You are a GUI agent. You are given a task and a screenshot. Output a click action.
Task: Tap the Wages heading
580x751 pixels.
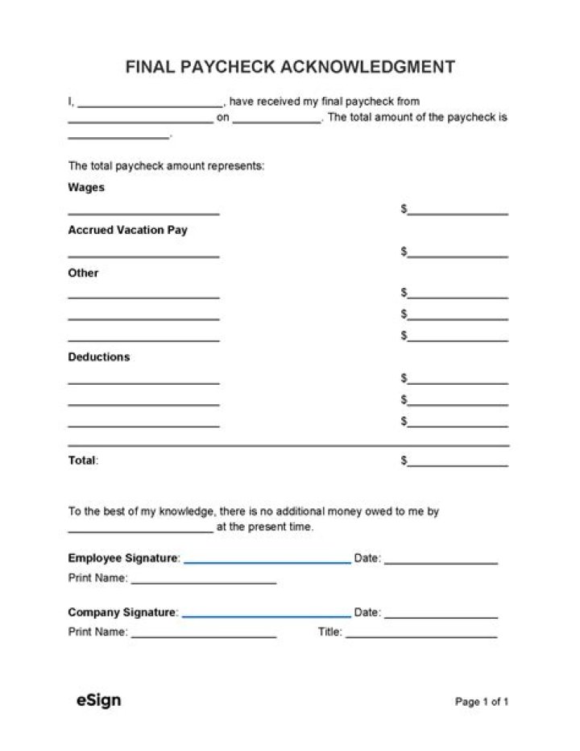[86, 187]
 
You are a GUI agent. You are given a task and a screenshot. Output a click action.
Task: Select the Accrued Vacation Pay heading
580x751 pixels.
[127, 230]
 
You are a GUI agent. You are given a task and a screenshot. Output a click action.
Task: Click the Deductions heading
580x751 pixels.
[98, 357]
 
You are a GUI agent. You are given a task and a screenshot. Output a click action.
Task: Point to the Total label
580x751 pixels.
[82, 461]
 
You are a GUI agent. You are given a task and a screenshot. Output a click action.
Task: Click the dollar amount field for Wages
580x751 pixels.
[458, 212]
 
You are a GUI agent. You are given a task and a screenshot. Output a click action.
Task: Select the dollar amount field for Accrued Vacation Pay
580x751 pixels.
[458, 254]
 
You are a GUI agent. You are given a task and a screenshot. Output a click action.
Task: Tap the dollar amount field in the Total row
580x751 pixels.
[458, 464]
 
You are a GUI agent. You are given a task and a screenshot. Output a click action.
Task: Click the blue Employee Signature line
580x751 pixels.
[267, 561]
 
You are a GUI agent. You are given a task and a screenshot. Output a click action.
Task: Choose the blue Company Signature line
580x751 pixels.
[266, 615]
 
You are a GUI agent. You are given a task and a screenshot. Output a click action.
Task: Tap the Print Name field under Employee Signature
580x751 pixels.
[203, 581]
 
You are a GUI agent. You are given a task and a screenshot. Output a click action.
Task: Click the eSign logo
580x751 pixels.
[99, 700]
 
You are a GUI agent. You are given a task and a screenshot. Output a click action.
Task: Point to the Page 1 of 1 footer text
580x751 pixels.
[482, 702]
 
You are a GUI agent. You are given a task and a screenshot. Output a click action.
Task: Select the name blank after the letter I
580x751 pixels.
[150, 105]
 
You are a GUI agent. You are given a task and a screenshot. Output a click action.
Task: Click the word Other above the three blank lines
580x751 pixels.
[83, 273]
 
